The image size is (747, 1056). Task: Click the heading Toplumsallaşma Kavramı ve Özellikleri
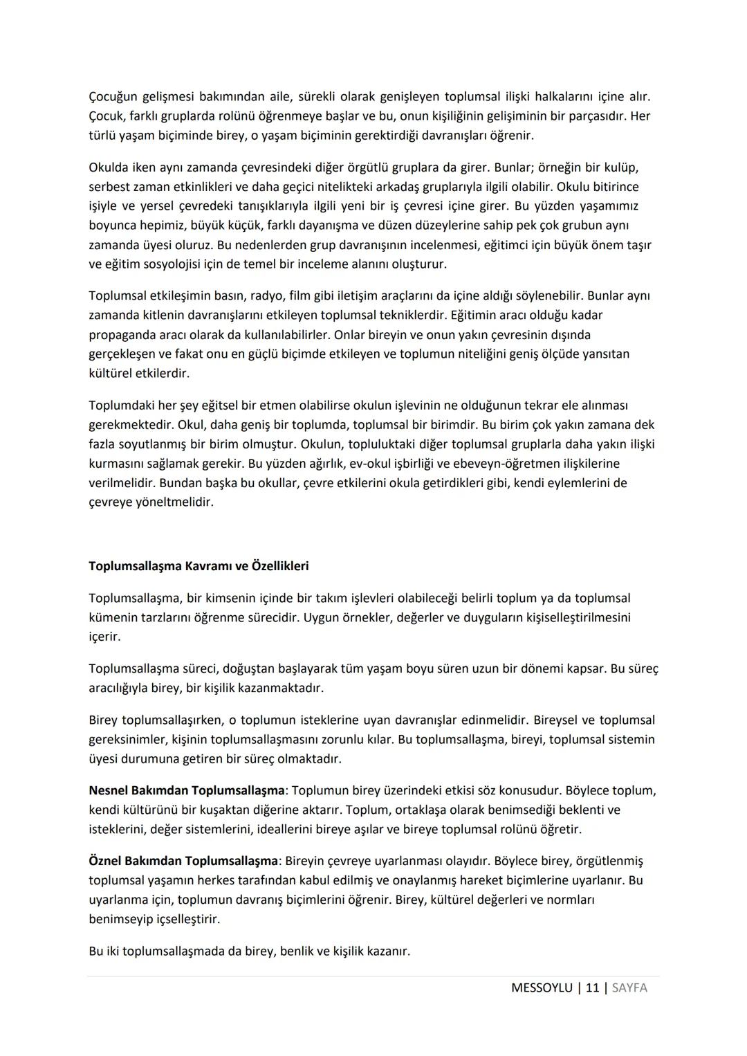199,566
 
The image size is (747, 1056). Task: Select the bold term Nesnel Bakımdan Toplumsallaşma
186,790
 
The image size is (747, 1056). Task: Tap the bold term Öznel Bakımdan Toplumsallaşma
183,861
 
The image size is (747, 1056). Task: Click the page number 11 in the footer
592,987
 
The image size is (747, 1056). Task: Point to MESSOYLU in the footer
542,987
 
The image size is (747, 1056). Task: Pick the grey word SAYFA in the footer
629,987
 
